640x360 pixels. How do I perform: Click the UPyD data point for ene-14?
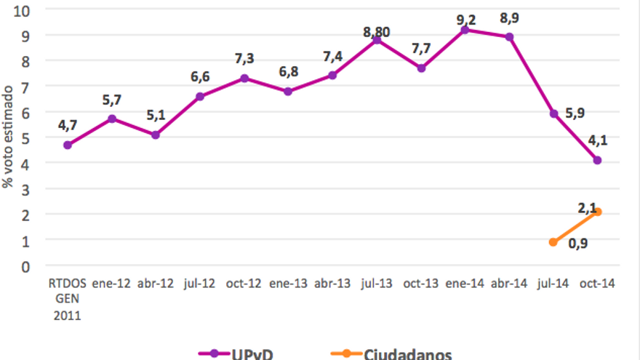point(465,30)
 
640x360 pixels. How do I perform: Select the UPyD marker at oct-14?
point(597,160)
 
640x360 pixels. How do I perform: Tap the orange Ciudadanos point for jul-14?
point(553,242)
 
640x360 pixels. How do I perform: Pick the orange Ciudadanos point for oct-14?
point(597,212)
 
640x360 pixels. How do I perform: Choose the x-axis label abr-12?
point(156,284)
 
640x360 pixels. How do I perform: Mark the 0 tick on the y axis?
point(25,265)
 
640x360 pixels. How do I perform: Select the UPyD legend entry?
point(236,354)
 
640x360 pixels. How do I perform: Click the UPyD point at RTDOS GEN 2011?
point(68,145)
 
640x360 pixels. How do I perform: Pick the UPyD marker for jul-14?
point(553,113)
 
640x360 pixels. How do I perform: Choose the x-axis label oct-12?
point(244,284)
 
